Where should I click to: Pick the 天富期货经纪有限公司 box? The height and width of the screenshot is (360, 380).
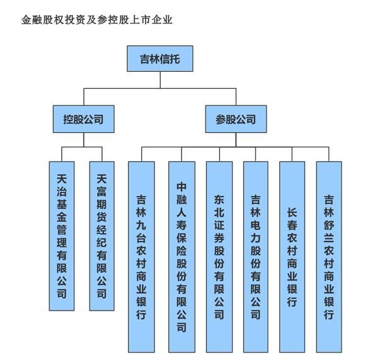click(101, 236)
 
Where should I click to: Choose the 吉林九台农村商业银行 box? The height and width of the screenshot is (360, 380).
click(141, 256)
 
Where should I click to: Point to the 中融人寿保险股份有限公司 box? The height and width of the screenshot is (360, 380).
click(181, 256)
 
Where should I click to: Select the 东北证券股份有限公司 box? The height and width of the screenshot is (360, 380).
click(219, 256)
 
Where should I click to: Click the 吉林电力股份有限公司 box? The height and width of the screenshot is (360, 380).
click(256, 256)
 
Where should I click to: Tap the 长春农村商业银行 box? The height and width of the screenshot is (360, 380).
click(292, 256)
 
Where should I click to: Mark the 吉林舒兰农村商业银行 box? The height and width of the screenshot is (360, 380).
click(329, 256)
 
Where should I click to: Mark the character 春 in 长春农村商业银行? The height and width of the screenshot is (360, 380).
click(292, 228)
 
